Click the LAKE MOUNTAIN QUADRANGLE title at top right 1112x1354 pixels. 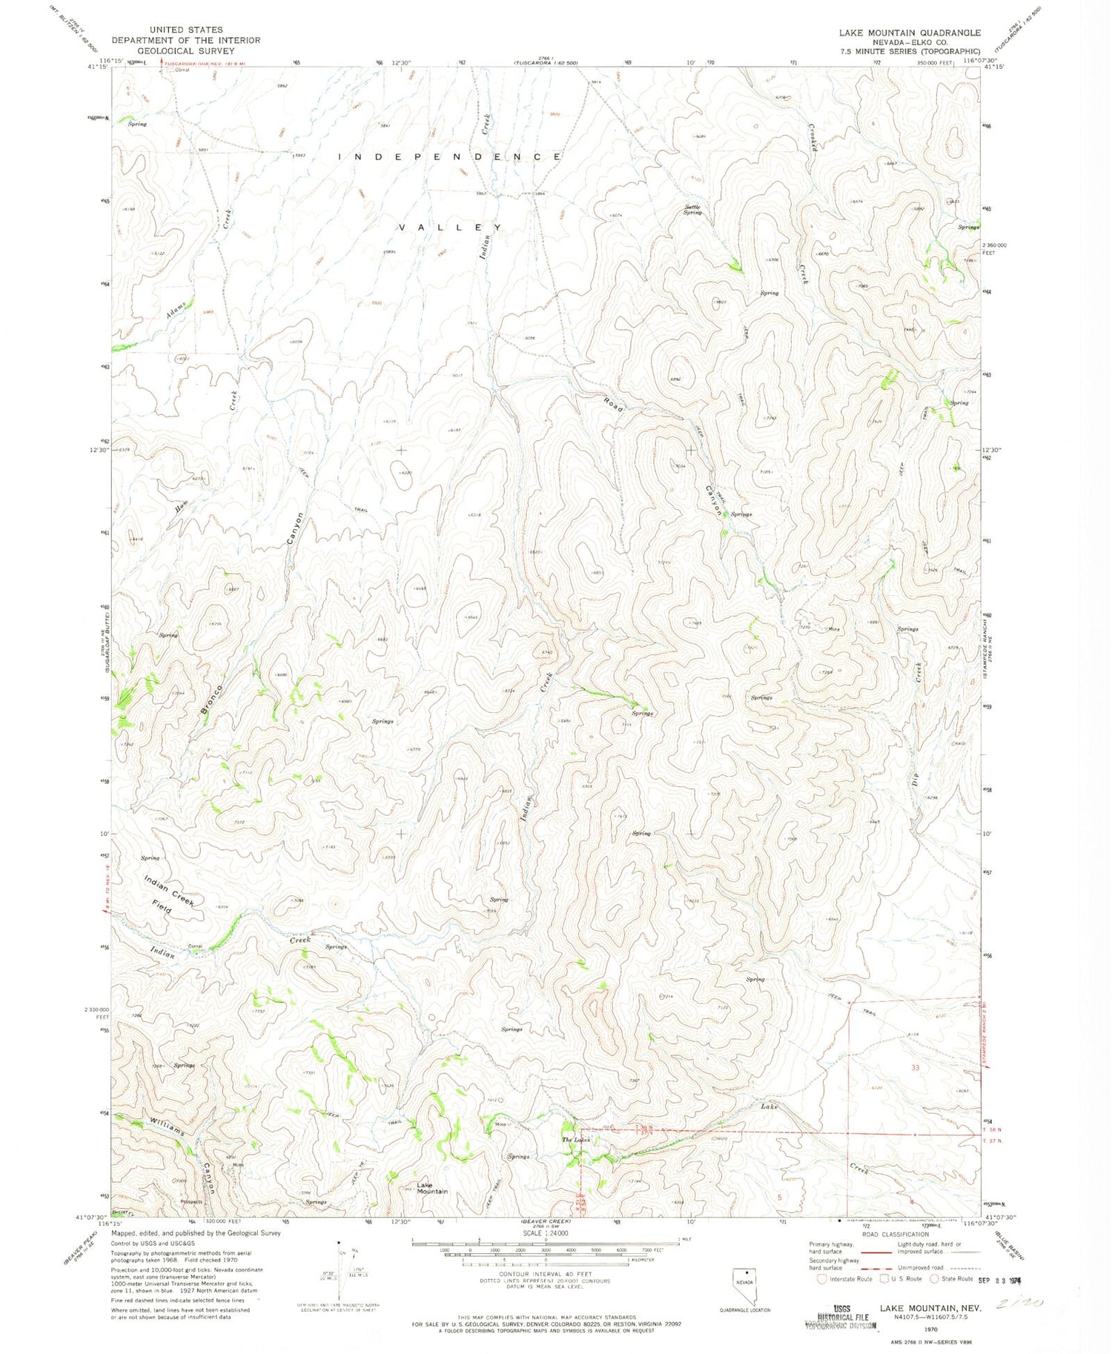910,33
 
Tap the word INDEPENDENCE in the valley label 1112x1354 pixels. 450,157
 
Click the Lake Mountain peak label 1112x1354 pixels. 431,1188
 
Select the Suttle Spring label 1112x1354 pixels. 692,210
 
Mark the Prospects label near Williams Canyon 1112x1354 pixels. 191,1202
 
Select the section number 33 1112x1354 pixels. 915,1068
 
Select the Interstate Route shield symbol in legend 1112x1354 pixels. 821,1278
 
